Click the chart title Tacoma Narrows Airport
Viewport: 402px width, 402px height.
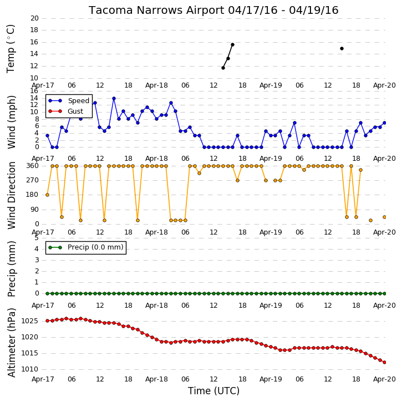156,11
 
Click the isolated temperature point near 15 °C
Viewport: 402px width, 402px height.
342,48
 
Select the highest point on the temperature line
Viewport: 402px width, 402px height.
232,44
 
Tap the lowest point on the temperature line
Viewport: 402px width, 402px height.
223,68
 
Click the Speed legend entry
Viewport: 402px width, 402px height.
69,101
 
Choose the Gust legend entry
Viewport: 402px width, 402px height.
66,111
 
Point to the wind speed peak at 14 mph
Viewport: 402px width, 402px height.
114,99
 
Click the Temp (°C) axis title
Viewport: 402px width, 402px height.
11,49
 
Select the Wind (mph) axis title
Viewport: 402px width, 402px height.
11,122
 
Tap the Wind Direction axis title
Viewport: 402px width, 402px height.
11,195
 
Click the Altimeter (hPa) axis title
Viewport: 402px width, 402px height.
11,343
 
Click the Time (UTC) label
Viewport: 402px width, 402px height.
213,391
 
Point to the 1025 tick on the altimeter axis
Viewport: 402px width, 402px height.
29,321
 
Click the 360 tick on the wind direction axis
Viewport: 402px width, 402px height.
33,166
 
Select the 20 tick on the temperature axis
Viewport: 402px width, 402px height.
34,18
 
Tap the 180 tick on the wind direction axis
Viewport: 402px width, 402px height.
33,195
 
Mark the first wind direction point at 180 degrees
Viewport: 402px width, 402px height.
47,195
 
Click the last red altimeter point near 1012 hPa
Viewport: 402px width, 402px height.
384,362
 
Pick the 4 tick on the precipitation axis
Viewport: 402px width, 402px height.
37,249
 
